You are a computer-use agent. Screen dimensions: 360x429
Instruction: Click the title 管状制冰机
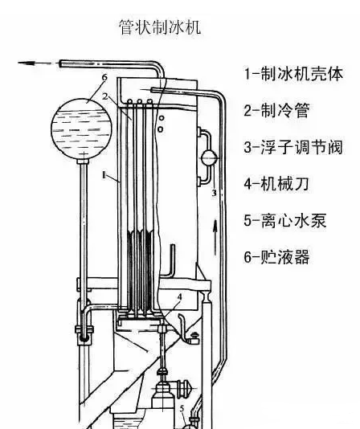pyautogui.click(x=160, y=27)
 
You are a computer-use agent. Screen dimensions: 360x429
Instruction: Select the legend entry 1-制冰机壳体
pyautogui.click(x=293, y=74)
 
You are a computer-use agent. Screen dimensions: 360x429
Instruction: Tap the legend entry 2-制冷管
pyautogui.click(x=276, y=110)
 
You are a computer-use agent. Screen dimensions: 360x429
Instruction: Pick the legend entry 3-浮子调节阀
pyautogui.click(x=293, y=147)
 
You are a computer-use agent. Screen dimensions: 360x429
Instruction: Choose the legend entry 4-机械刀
pyautogui.click(x=276, y=183)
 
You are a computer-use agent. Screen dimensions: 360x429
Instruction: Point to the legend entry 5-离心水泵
pyautogui.click(x=285, y=220)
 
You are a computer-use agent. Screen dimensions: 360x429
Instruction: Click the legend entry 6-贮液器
pyautogui.click(x=276, y=256)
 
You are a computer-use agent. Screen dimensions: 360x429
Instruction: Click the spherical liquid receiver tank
pyautogui.click(x=82, y=129)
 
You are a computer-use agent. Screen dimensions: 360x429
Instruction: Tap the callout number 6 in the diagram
pyautogui.click(x=104, y=77)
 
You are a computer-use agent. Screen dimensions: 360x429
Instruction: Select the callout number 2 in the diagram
pyautogui.click(x=105, y=96)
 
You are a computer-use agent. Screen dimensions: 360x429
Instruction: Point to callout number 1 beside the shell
pyautogui.click(x=104, y=175)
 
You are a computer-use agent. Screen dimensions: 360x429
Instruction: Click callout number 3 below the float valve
pyautogui.click(x=214, y=193)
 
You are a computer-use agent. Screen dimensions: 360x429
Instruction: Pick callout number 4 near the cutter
pyautogui.click(x=179, y=296)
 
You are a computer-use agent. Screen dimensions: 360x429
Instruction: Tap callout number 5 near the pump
pyautogui.click(x=182, y=409)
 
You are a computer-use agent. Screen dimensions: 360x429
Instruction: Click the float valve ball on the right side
pyautogui.click(x=209, y=158)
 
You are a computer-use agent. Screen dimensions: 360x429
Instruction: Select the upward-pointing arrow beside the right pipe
pyautogui.click(x=215, y=237)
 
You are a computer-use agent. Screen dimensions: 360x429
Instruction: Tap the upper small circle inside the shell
pyautogui.click(x=162, y=118)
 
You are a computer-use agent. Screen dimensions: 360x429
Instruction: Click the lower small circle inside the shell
pyautogui.click(x=161, y=129)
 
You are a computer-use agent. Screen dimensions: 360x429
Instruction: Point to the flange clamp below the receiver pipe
pyautogui.click(x=84, y=329)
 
